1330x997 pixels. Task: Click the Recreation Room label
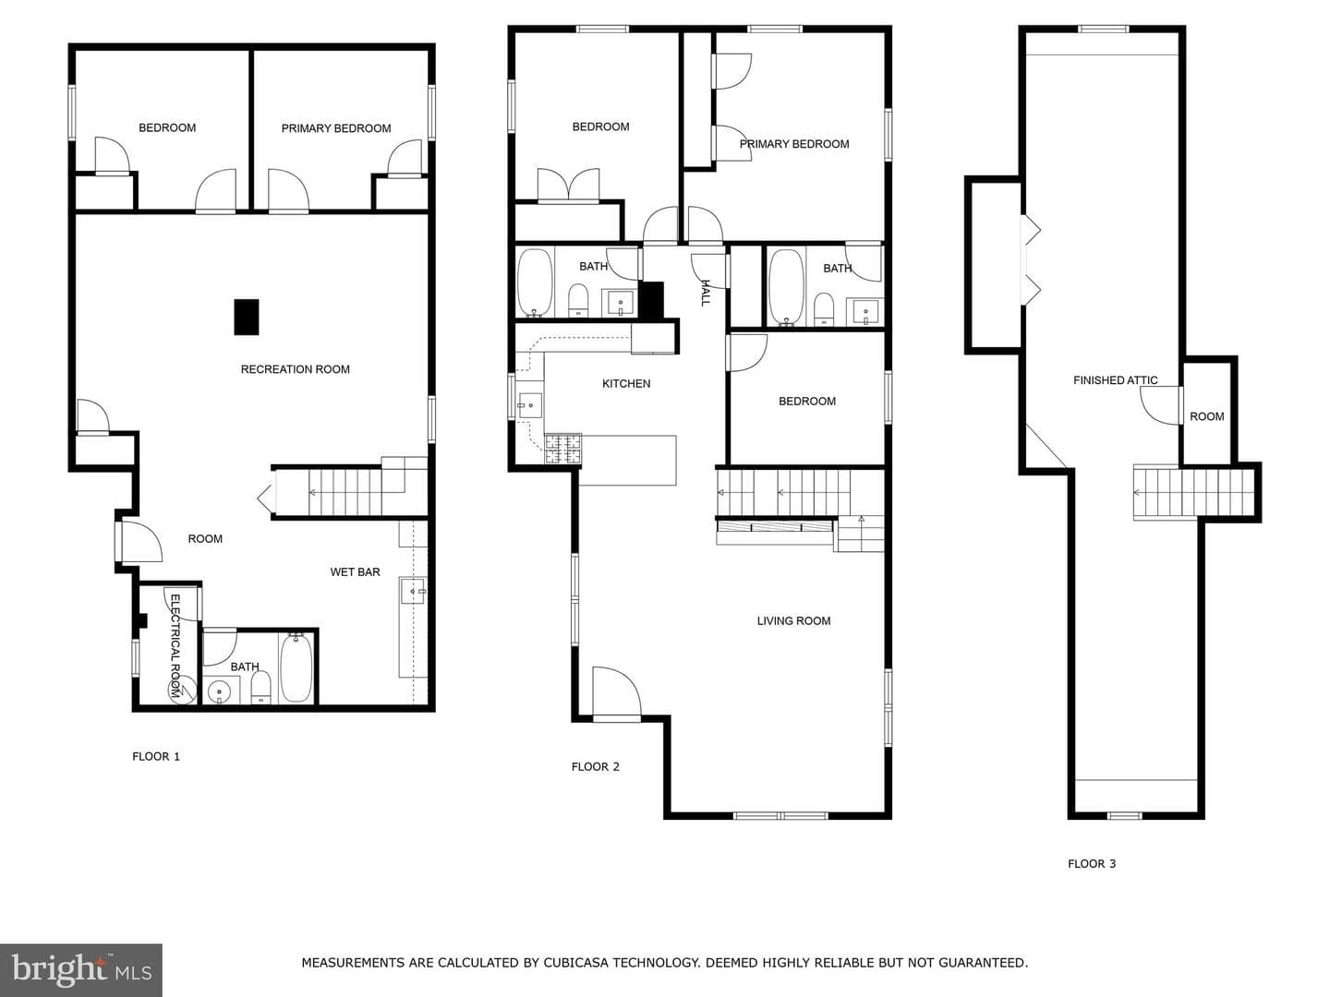click(295, 369)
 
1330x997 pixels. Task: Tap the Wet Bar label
click(355, 572)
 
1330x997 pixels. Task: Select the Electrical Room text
click(175, 646)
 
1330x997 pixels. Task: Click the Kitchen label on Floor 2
click(626, 384)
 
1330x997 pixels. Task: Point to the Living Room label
click(793, 621)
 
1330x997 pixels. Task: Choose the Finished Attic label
click(1116, 380)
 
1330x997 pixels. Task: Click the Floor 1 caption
click(156, 757)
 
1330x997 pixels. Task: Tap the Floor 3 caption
click(1092, 864)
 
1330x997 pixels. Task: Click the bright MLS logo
click(81, 970)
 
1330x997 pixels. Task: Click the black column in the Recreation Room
click(247, 318)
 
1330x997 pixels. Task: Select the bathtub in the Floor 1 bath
click(296, 667)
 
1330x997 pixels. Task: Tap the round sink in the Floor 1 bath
click(219, 691)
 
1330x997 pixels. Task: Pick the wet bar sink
click(413, 591)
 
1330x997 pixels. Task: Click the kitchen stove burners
click(562, 450)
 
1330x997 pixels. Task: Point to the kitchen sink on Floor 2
click(529, 405)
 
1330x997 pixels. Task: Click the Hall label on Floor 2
click(706, 293)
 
